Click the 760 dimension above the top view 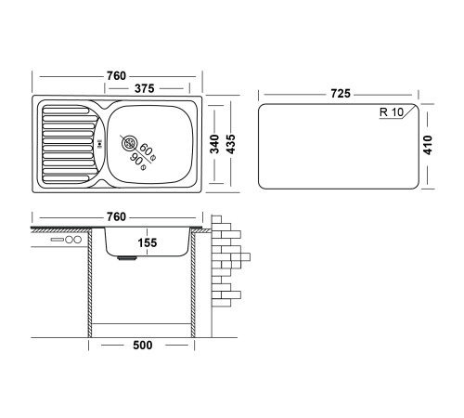[116, 76]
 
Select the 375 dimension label [144, 89]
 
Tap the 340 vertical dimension [214, 144]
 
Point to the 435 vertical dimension [231, 144]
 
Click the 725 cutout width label [341, 94]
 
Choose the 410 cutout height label [428, 145]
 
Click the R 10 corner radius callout [392, 112]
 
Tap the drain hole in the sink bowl [129, 143]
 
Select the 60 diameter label [146, 150]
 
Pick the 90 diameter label [137, 160]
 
